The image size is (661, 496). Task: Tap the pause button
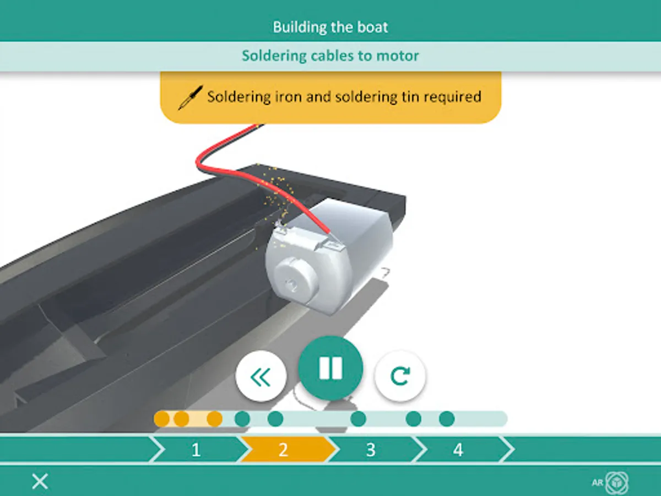click(330, 368)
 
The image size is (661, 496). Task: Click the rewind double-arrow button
click(261, 376)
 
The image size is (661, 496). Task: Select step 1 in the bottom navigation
click(196, 450)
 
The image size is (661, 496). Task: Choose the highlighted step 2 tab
click(283, 450)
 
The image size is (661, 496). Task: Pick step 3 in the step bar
click(371, 450)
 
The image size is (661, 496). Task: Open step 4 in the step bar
click(458, 450)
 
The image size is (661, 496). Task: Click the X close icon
click(40, 481)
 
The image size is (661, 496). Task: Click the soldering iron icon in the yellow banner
click(191, 98)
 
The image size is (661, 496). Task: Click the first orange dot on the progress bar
click(162, 419)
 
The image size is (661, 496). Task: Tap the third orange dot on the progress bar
click(214, 419)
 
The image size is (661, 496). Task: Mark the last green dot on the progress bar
click(447, 419)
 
